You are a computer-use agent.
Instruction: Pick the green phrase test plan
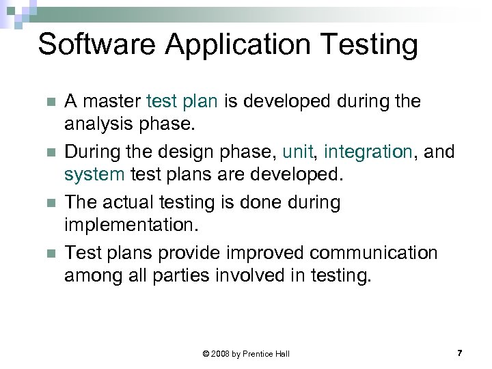coord(182,102)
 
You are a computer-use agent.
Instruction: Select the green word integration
coord(368,151)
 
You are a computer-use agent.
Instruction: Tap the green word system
coord(94,174)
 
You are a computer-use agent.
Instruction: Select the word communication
coord(373,253)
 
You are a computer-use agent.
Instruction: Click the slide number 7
coord(459,353)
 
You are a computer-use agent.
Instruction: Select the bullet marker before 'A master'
coord(49,102)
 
